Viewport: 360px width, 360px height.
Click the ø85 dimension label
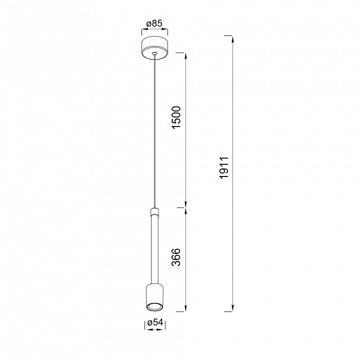tap(154, 23)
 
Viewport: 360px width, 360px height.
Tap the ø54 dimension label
tap(155, 322)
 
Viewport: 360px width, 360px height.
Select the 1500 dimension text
tap(177, 117)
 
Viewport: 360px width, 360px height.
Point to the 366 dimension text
tap(176, 257)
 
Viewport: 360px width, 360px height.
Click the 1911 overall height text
tap(224, 168)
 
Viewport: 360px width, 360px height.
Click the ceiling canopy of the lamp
tap(154, 48)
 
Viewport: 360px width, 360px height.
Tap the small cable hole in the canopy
tap(154, 53)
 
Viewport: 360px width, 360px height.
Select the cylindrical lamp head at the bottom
tap(154, 298)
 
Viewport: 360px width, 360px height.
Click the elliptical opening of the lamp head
tap(154, 306)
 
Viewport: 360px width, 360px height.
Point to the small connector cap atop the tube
tap(154, 211)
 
